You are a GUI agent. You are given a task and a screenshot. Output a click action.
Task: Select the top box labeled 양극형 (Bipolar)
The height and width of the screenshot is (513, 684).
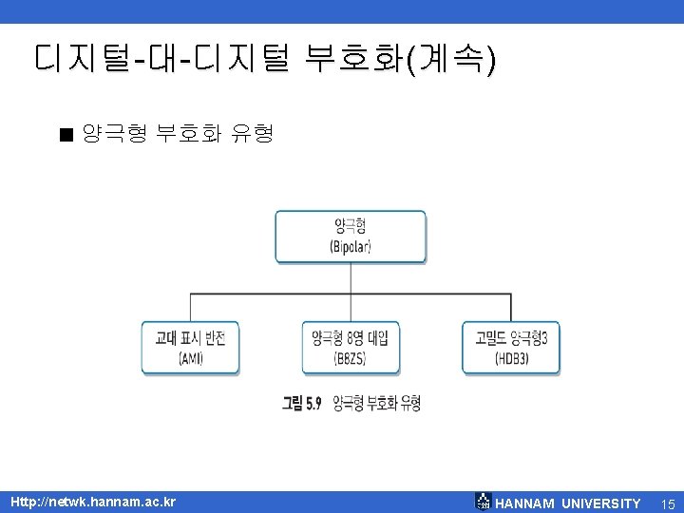(351, 237)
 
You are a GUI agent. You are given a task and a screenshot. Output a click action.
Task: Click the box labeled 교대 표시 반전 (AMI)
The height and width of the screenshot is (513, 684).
(190, 348)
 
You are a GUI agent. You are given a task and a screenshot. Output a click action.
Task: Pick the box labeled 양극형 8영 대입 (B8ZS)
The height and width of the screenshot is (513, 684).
(351, 348)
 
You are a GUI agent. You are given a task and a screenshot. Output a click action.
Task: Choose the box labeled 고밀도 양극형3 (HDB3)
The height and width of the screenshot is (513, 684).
(511, 348)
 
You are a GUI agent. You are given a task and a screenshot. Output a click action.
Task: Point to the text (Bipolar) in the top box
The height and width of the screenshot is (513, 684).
(351, 246)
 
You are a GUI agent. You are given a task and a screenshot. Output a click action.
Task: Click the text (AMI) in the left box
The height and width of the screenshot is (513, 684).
(190, 358)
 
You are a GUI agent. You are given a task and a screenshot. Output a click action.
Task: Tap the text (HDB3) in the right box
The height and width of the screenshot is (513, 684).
(511, 358)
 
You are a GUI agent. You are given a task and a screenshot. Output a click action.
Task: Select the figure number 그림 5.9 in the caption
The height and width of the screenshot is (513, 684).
(303, 404)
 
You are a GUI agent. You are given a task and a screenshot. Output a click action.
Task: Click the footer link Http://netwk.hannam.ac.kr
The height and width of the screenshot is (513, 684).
(92, 502)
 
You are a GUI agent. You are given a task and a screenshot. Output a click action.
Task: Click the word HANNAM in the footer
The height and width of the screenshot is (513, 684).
(525, 503)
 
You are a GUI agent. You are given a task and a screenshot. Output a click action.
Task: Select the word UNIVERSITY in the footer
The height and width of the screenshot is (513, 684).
(601, 503)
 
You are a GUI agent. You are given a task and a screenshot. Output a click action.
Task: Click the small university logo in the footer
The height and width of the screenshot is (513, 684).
(483, 503)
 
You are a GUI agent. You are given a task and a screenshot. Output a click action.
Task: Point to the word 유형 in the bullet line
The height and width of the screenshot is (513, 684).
(252, 134)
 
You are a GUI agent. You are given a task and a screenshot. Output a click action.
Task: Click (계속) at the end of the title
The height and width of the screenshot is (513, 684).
(463, 59)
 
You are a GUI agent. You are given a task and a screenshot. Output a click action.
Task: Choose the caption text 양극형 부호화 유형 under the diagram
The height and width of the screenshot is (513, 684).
(376, 404)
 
